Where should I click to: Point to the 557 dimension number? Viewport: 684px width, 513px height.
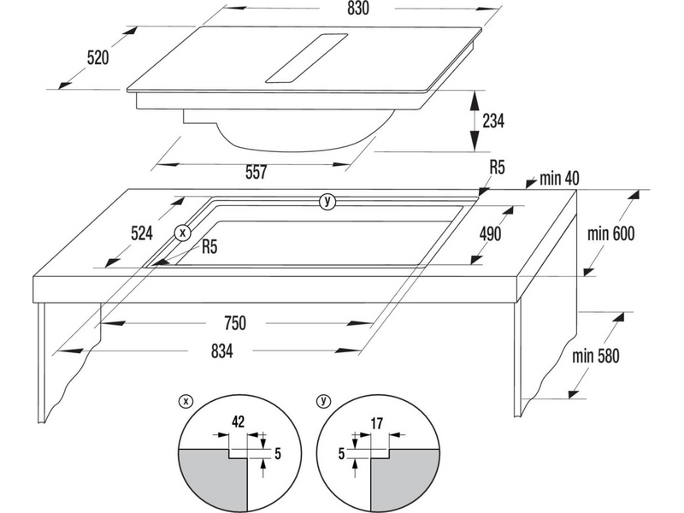click(256, 173)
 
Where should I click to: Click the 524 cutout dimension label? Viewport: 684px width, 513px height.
click(141, 232)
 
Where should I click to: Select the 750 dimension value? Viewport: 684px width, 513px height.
click(235, 323)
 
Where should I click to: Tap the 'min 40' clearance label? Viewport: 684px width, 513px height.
click(560, 180)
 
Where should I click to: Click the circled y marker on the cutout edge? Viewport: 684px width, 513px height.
click(326, 202)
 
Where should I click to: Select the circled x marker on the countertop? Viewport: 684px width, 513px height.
click(180, 232)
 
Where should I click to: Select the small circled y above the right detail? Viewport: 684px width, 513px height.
click(324, 399)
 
